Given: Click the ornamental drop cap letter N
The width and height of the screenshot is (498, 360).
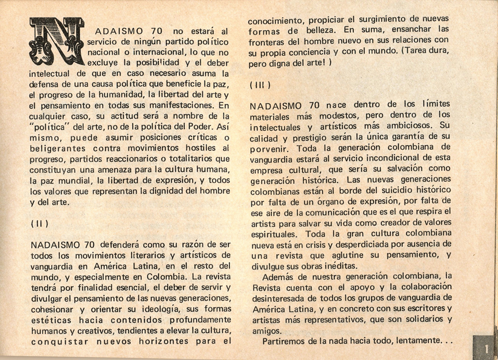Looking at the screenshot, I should click(56, 41).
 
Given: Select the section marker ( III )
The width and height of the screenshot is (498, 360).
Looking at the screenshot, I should click(260, 84).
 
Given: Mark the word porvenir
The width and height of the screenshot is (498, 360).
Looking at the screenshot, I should click(271, 148).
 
